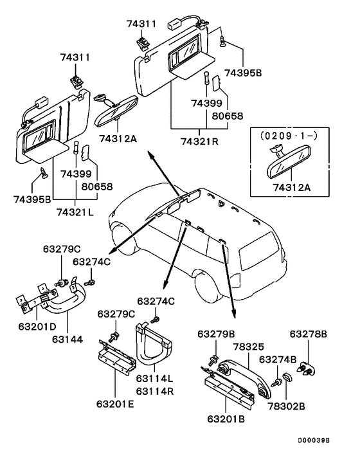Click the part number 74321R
pyautogui.click(x=200, y=141)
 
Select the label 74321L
pyautogui.click(x=75, y=212)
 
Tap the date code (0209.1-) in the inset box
pyautogui.click(x=289, y=136)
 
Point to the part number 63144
pyautogui.click(x=67, y=339)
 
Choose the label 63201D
pyautogui.click(x=37, y=327)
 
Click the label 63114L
pyautogui.click(x=155, y=378)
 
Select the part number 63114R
pyautogui.click(x=155, y=391)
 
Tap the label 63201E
pyautogui.click(x=115, y=404)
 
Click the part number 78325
pyautogui.click(x=249, y=347)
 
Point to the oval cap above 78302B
pyautogui.click(x=287, y=377)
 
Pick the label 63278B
pyautogui.click(x=309, y=334)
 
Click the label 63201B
pyautogui.click(x=226, y=419)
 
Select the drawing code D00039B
pyautogui.click(x=314, y=440)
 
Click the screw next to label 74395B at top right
pyautogui.click(x=222, y=41)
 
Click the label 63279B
pyautogui.click(x=216, y=334)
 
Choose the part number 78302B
pyautogui.click(x=286, y=406)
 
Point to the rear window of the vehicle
pyautogui.click(x=258, y=250)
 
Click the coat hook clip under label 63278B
pyautogui.click(x=306, y=368)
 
